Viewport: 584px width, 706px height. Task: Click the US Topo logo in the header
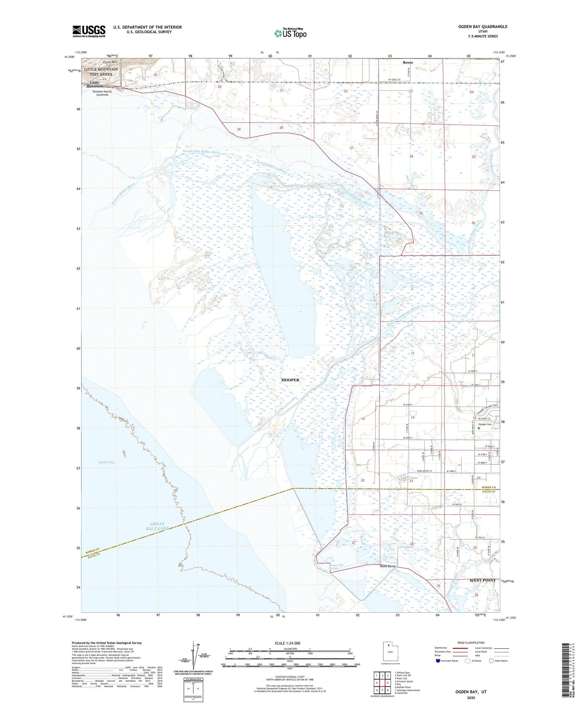coord(290,33)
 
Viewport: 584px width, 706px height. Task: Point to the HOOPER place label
coord(290,380)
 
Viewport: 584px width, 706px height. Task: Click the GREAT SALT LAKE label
coord(157,526)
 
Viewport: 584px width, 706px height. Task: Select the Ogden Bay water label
coord(106,462)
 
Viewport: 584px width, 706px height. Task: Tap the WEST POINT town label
coord(482,580)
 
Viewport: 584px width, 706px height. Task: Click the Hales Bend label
coord(387,566)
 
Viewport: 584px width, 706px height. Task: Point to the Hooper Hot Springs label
coord(336,567)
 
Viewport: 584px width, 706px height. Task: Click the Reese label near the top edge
coord(408,63)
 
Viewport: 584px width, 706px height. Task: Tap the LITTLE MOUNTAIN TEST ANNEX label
coord(101,72)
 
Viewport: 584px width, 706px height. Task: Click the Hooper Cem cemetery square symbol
coord(479,428)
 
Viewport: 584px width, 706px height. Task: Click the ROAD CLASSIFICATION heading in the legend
coord(471,643)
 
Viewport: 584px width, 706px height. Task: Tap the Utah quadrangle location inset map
coord(390,652)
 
